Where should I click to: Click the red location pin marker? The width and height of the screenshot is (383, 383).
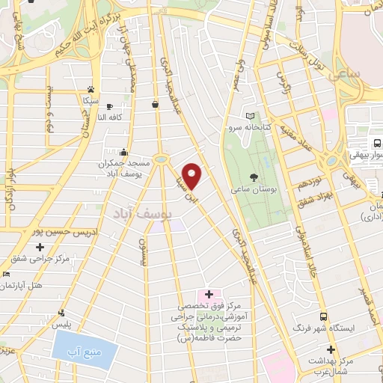pos(193,176)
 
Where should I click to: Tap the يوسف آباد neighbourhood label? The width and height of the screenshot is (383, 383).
pos(142,214)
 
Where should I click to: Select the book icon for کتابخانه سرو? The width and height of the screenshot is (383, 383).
pos(250,117)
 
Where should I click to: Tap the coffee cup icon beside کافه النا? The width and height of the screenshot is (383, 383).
pos(110,106)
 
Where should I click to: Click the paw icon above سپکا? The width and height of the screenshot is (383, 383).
pos(90,88)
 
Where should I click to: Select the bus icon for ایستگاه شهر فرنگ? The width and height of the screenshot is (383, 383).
pos(322,316)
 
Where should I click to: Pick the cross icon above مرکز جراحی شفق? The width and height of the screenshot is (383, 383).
pos(40,247)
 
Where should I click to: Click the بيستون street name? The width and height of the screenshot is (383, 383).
pos(144,251)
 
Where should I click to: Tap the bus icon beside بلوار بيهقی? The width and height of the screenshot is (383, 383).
pos(376,144)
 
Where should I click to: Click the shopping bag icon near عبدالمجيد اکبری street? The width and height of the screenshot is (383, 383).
pos(155,104)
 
